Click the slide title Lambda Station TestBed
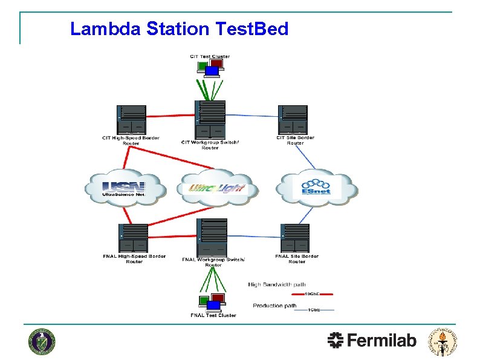(x=180, y=28)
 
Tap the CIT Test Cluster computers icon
(x=210, y=68)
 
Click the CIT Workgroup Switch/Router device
(x=210, y=119)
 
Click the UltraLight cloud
(x=218, y=188)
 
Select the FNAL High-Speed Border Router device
(x=133, y=237)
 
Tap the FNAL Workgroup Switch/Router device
(x=212, y=237)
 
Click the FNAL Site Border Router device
(x=295, y=237)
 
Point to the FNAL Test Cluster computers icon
(x=212, y=302)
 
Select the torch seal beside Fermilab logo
(x=443, y=341)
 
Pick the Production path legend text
(x=274, y=306)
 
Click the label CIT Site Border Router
(x=295, y=140)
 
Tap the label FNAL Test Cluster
(x=213, y=315)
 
